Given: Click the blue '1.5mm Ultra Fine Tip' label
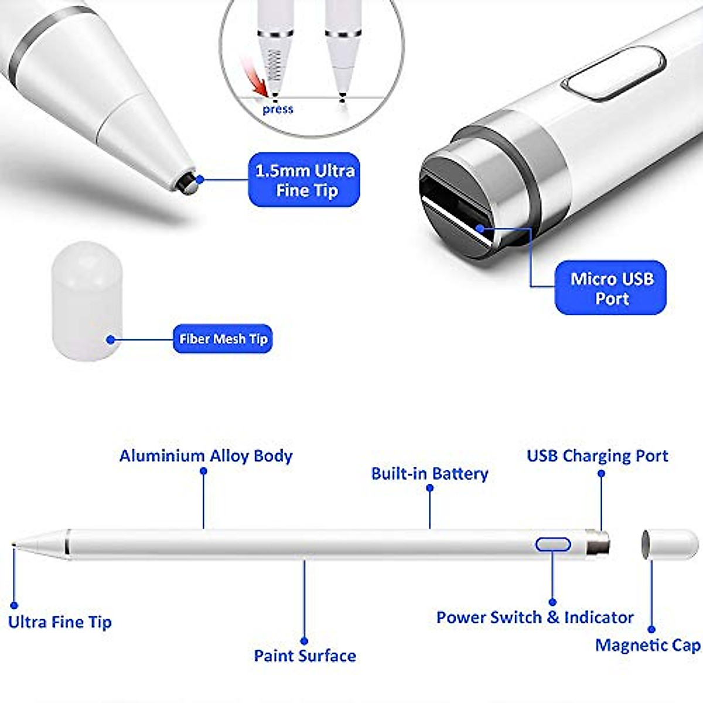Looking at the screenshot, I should click(304, 180).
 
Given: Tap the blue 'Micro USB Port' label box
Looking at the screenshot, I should click(610, 288).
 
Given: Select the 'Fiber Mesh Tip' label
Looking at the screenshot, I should click(223, 339).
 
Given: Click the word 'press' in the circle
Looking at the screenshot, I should click(278, 109).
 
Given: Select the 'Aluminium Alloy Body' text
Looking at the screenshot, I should click(206, 456).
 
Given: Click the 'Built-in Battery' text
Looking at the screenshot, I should click(429, 473).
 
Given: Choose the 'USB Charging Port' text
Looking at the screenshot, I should click(597, 456).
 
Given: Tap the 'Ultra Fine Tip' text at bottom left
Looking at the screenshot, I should click(60, 622).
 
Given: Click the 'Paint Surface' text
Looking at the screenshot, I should click(305, 655).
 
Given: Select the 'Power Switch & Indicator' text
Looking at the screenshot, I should click(535, 617).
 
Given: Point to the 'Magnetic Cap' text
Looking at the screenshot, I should click(647, 645).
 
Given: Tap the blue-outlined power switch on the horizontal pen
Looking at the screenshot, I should click(552, 544).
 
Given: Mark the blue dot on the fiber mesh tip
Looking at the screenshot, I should click(110, 339).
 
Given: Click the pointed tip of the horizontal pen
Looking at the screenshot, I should click(15, 545).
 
